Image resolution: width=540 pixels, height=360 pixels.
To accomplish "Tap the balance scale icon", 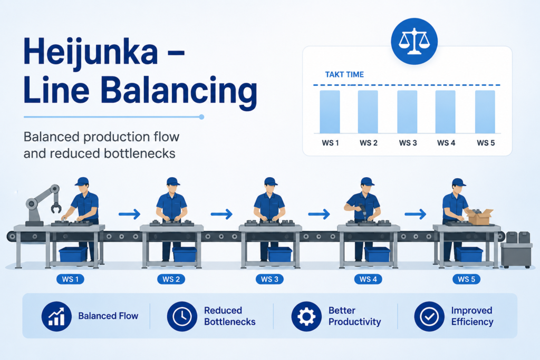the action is coord(414,41).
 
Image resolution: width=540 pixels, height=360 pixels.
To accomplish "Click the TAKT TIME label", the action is coord(344,75).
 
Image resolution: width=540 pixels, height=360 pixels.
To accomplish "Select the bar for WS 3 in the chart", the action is coord(407,112).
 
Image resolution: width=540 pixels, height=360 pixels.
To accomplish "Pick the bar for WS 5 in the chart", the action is coord(485,112).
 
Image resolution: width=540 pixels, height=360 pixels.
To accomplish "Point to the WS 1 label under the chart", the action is coord(330,143).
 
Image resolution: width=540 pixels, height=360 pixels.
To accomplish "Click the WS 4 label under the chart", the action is coord(446,143).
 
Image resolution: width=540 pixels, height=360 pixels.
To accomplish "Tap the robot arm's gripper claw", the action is coord(55,207).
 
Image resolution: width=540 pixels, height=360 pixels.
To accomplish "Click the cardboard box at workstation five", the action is coord(479,217).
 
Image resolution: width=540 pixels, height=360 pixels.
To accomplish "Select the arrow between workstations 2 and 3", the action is coord(221,214).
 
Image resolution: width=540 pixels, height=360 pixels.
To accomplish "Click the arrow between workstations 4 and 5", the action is coord(416,214).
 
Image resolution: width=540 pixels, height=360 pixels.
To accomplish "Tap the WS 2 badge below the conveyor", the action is coord(171,279).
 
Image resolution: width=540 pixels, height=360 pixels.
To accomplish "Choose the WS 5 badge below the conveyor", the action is coord(466,279).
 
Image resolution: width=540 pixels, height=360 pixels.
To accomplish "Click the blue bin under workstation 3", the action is coord(279,255).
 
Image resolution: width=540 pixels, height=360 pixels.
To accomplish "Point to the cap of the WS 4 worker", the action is coord(368,181).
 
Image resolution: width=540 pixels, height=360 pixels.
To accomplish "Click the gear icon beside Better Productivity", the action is coord(306,316).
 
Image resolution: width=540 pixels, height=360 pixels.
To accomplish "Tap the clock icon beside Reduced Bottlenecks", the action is coord(182,316).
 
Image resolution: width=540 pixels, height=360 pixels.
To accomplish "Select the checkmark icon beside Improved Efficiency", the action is coord(429,316).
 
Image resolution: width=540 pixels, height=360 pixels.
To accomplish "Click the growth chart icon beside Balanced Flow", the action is coord(56,316).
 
